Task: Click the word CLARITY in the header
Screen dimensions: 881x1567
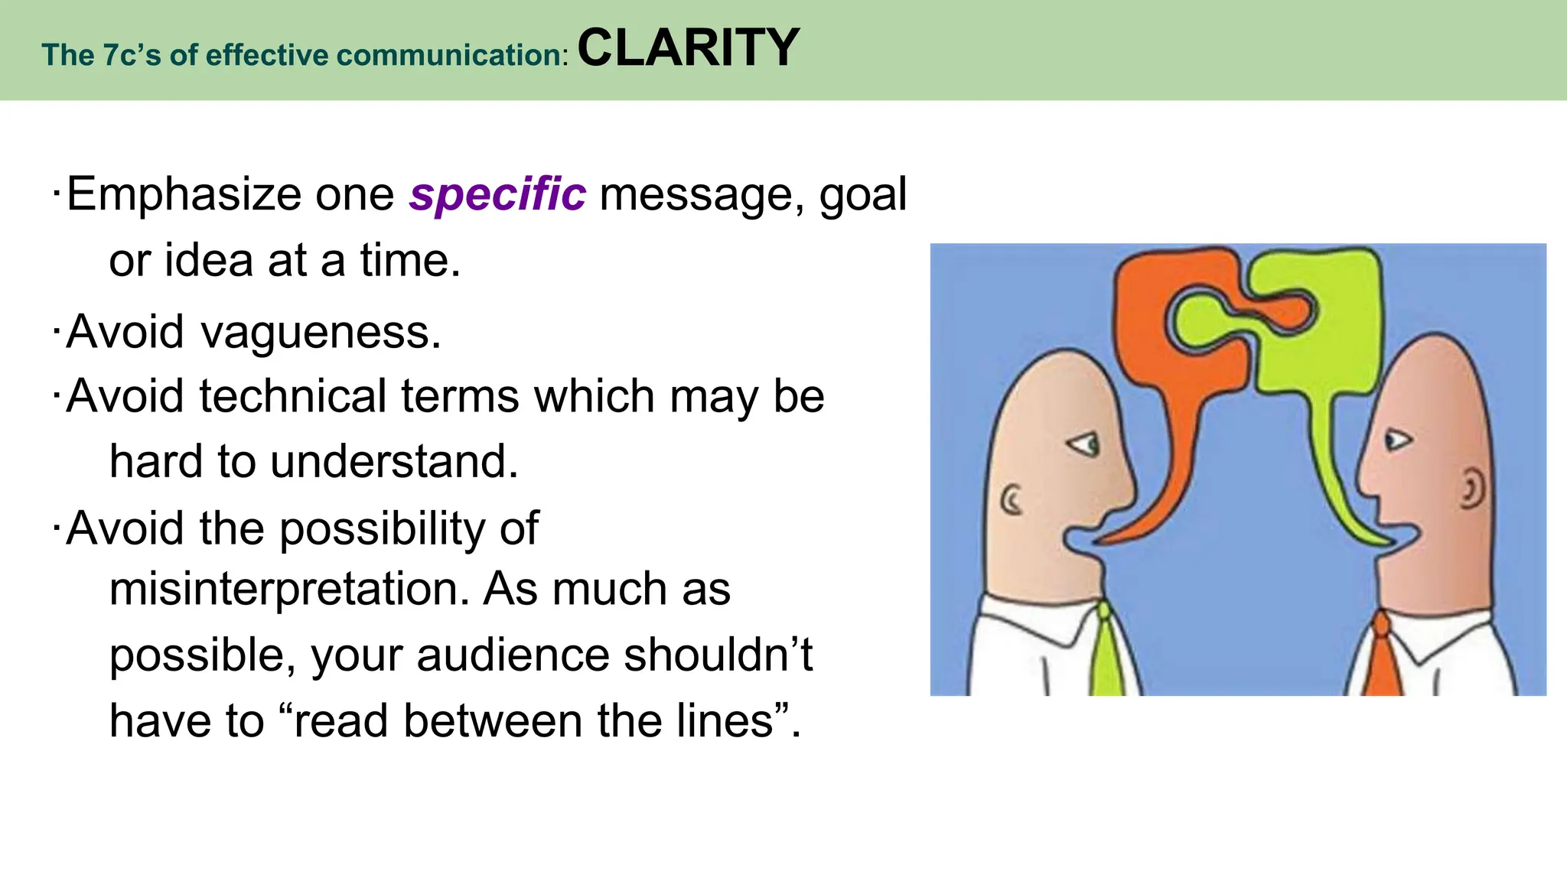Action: point(688,47)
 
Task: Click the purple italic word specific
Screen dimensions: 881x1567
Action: point(497,194)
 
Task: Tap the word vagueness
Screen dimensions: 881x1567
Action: point(321,333)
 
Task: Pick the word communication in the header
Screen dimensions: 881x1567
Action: point(449,55)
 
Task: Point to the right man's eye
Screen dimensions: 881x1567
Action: point(1397,440)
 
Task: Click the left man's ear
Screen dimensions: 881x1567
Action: point(1012,500)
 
